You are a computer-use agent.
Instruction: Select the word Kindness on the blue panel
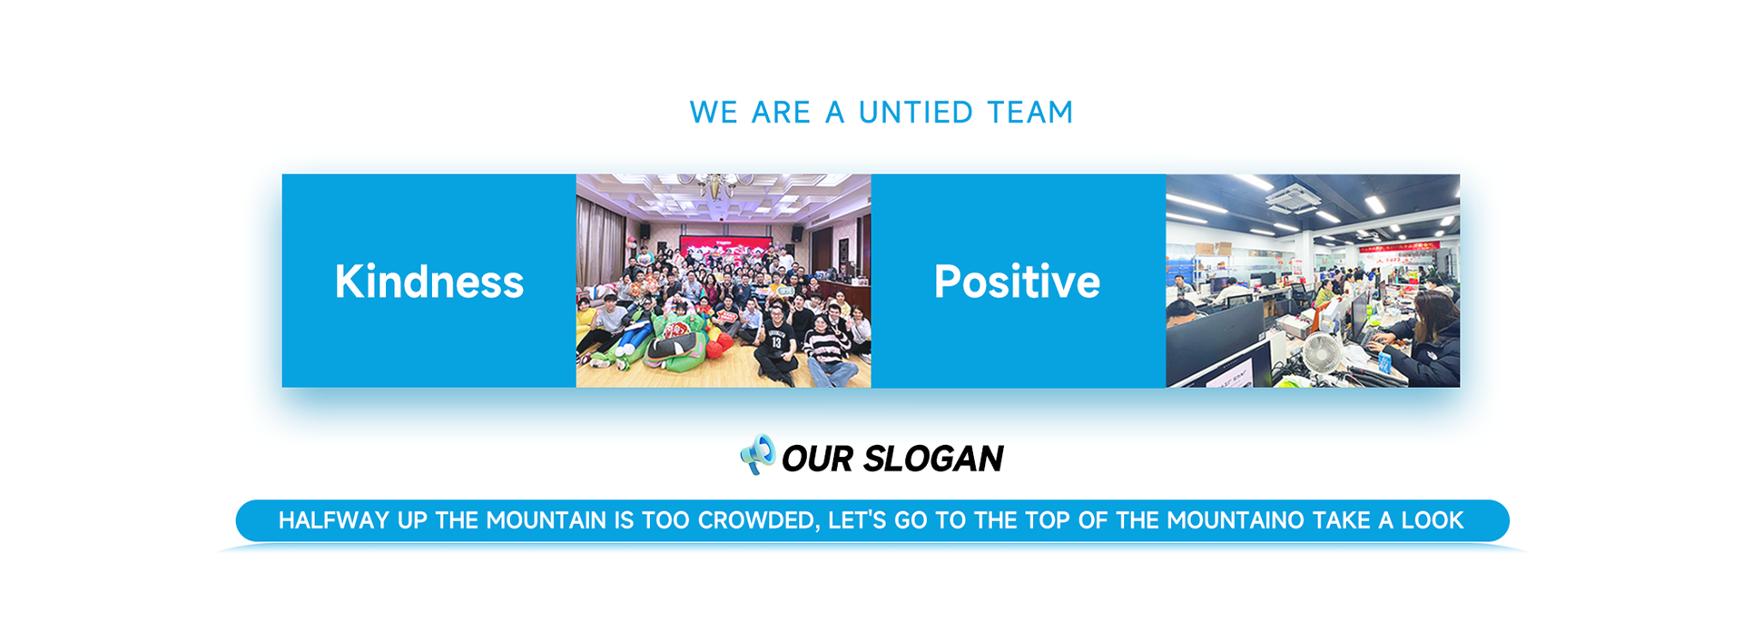(x=429, y=281)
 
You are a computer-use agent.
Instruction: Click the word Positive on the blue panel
(x=1017, y=281)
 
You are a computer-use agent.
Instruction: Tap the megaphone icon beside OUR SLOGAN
(x=758, y=454)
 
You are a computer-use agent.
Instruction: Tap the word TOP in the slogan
(x=1043, y=520)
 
